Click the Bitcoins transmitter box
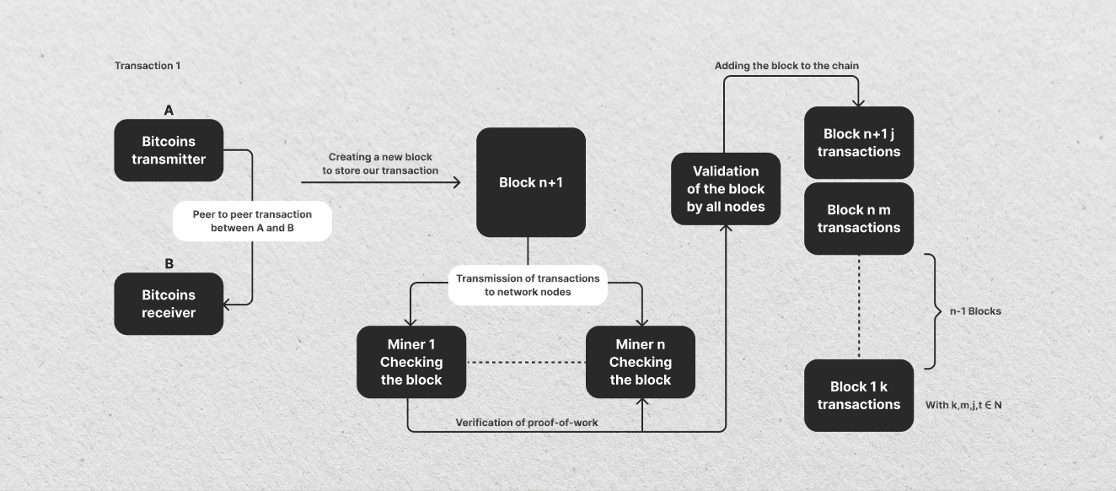pos(169,150)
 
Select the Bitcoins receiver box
pos(169,304)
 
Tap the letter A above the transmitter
pos(169,110)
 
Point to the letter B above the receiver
pos(169,263)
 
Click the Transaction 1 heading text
pos(148,66)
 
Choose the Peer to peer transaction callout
pos(252,221)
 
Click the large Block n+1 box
pos(531,182)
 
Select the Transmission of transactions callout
pos(528,285)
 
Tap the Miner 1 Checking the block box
pos(411,362)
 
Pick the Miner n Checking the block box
pos(641,362)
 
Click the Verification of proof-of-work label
pos(527,422)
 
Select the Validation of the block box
pos(726,189)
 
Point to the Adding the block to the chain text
pos(786,66)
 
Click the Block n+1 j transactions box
pos(859,143)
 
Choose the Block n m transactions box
pos(859,219)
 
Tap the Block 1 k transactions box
pos(859,396)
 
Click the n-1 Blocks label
pos(975,311)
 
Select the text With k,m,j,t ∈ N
pos(963,405)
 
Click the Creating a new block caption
pos(379,164)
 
